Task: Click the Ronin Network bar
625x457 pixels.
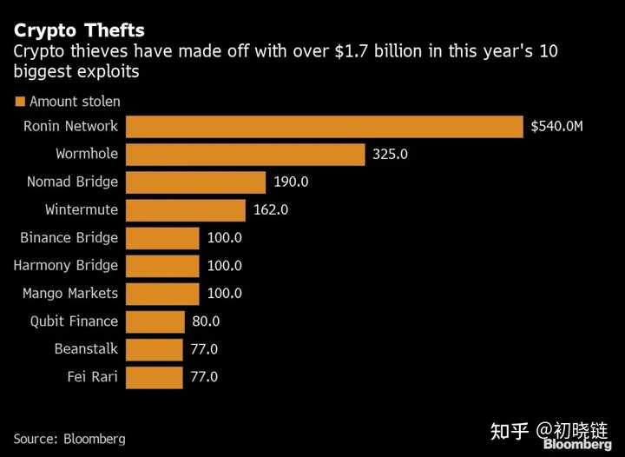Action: click(325, 127)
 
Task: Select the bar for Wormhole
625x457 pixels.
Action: click(245, 155)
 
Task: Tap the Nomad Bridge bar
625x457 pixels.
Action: click(195, 182)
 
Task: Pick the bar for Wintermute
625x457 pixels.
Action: click(186, 210)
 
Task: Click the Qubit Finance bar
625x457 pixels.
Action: click(155, 321)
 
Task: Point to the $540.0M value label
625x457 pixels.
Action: click(556, 127)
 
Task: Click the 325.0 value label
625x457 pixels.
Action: click(390, 155)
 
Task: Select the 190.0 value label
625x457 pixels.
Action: click(291, 182)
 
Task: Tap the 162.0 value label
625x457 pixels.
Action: click(271, 210)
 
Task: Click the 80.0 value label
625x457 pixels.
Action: click(205, 321)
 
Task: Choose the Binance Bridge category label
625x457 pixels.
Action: click(69, 238)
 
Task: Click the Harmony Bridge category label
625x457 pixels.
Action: click(66, 266)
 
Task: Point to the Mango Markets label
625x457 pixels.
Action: click(70, 294)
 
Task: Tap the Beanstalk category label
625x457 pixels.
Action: click(86, 349)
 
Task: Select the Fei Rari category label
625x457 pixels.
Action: click(92, 377)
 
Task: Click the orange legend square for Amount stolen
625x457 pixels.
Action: click(20, 102)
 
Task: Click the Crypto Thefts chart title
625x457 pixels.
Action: click(79, 31)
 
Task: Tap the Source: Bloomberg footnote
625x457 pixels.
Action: click(69, 439)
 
